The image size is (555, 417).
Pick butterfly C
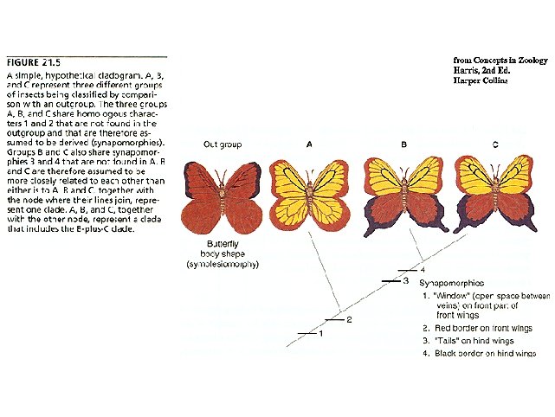494,194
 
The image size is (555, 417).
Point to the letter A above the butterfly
309,144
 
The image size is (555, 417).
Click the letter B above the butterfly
404,144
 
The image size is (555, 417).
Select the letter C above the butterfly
495,144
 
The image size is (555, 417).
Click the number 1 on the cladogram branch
320,333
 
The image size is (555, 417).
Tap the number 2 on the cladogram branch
349,320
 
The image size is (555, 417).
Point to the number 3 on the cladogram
405,280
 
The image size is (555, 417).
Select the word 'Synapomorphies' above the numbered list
451,283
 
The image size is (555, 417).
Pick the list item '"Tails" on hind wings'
474,341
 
